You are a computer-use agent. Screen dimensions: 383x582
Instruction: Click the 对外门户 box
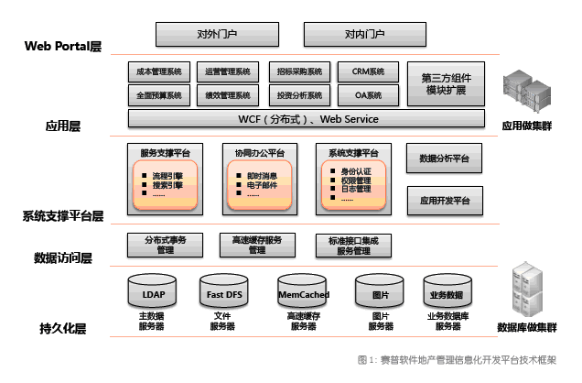pyautogui.click(x=217, y=35)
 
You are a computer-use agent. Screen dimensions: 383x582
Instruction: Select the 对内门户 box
pyautogui.click(x=364, y=35)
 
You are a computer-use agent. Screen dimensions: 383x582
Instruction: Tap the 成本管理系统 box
pyautogui.click(x=158, y=71)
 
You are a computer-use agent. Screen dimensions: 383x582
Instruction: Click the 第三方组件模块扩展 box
pyautogui.click(x=444, y=83)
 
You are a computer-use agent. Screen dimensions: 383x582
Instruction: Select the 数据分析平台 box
pyautogui.click(x=444, y=159)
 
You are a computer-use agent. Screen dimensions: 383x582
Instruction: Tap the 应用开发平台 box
pyautogui.click(x=444, y=200)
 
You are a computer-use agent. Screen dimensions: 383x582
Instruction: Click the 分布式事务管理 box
pyautogui.click(x=165, y=245)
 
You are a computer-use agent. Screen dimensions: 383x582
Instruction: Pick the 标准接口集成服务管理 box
pyautogui.click(x=353, y=245)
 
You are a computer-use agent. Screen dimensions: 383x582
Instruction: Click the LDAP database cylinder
pyautogui.click(x=153, y=293)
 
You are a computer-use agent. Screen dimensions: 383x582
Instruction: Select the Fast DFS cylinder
pyautogui.click(x=222, y=293)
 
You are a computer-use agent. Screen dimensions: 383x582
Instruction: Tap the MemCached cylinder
pyautogui.click(x=303, y=293)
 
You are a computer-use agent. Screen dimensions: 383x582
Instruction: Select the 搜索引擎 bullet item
pyautogui.click(x=167, y=184)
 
